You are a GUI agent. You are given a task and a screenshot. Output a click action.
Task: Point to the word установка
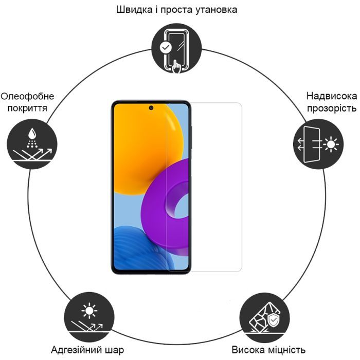pos(212,10)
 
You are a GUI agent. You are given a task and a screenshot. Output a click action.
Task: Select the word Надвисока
pos(331,96)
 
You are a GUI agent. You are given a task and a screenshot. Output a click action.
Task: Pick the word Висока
pos(250,350)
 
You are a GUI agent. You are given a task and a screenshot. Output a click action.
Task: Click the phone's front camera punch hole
pos(151,108)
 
